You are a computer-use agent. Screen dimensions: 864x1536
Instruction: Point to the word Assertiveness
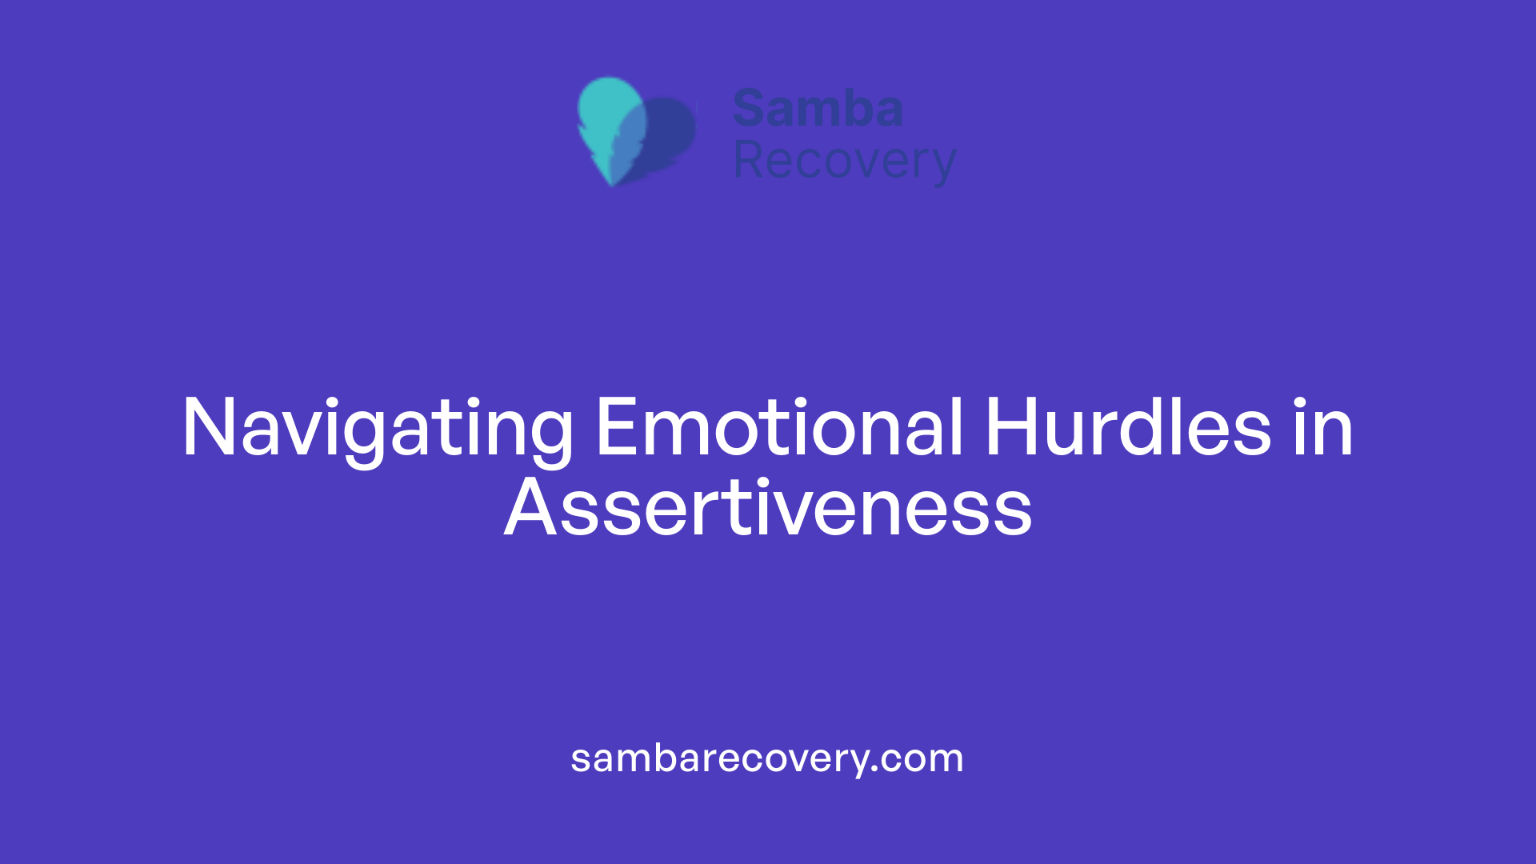(x=768, y=509)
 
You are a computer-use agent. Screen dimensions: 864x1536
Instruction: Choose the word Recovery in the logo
(x=844, y=161)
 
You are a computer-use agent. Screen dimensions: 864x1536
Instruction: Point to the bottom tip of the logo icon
(x=612, y=182)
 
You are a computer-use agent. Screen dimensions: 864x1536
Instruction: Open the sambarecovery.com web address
(x=766, y=758)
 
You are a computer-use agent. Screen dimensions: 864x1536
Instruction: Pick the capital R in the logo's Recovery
(x=750, y=160)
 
